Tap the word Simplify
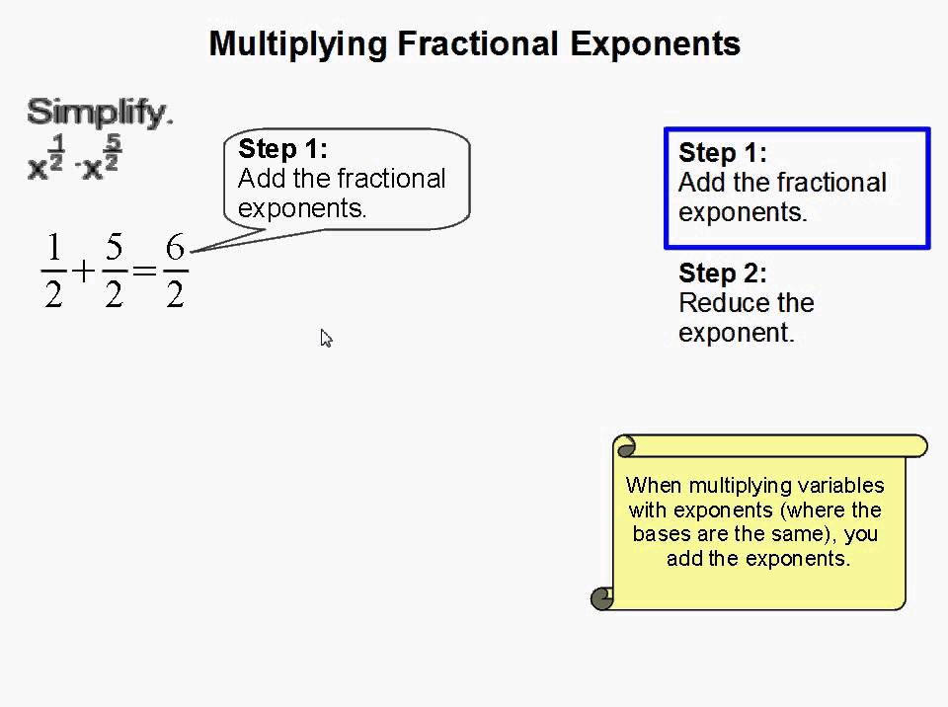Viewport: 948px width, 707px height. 97,112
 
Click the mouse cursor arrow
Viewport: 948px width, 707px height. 326,339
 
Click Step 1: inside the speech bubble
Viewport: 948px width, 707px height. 282,149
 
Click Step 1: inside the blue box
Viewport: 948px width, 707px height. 722,153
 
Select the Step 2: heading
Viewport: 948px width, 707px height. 722,274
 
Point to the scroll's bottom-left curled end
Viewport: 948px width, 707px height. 601,597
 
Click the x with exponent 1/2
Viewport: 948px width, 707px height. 39,169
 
